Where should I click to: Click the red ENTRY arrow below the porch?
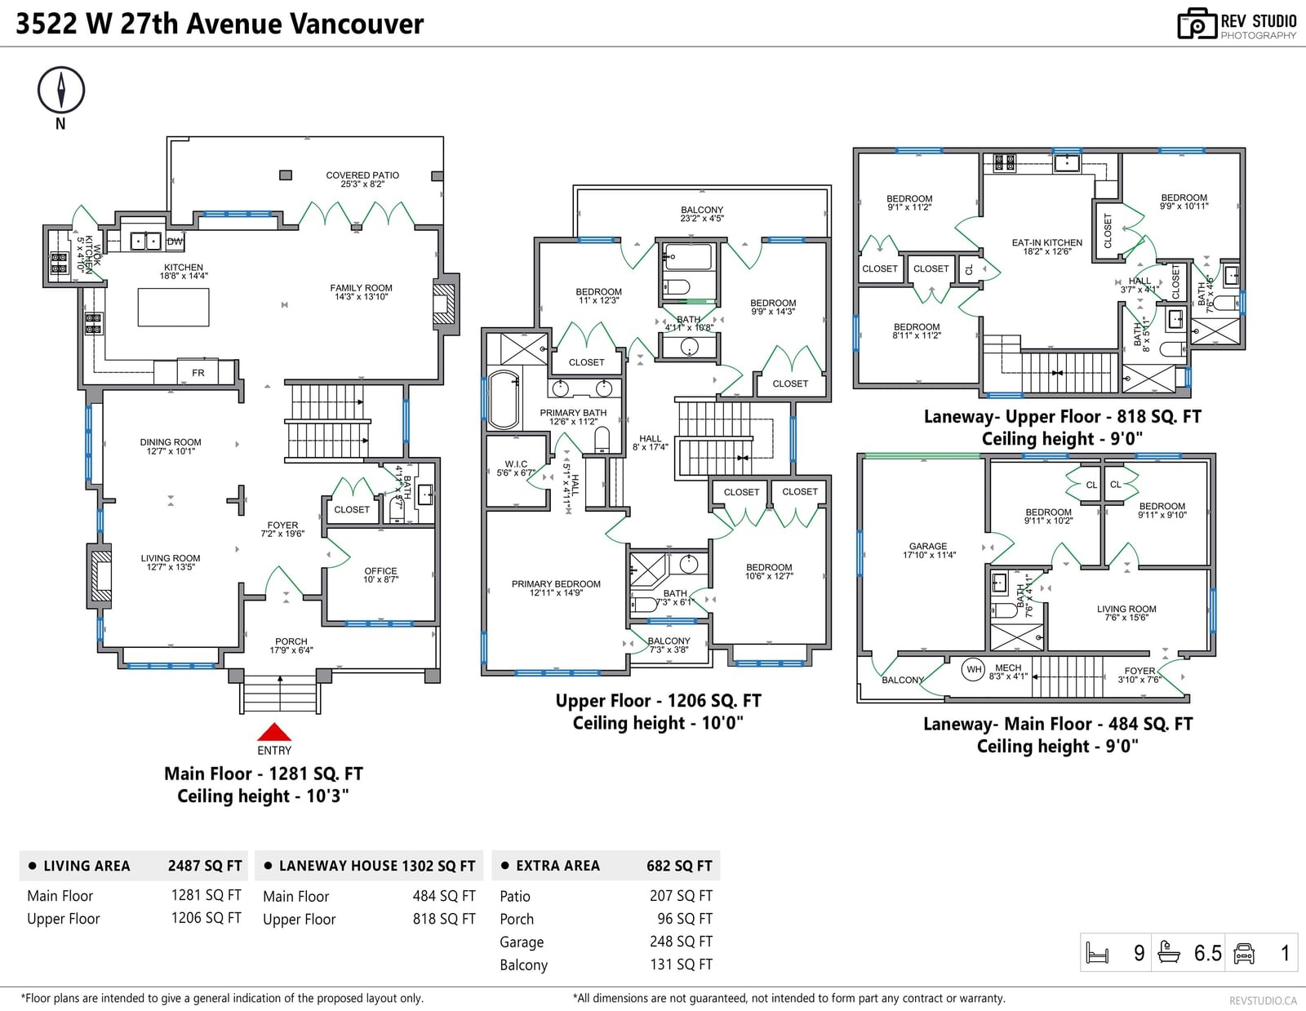[x=274, y=732]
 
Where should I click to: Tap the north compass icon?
[x=61, y=90]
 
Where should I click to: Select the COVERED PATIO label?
[x=362, y=175]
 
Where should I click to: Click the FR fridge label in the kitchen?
[x=198, y=373]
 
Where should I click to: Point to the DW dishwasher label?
[x=175, y=242]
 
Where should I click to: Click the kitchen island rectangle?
[x=173, y=308]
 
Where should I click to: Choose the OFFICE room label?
[x=380, y=571]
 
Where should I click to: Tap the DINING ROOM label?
[x=171, y=442]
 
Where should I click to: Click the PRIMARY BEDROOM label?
[x=556, y=584]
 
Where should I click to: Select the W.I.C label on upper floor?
[x=516, y=464]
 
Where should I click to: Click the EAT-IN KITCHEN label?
[x=1047, y=242]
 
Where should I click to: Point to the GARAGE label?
[x=928, y=547]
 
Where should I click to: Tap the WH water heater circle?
[x=974, y=670]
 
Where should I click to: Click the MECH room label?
[x=1008, y=667]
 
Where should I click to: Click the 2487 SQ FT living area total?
[x=205, y=866]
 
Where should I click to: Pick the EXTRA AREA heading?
[x=557, y=866]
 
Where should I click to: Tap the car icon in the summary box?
[x=1244, y=953]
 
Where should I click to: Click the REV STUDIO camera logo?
[x=1197, y=24]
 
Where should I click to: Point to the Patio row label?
[x=515, y=896]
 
